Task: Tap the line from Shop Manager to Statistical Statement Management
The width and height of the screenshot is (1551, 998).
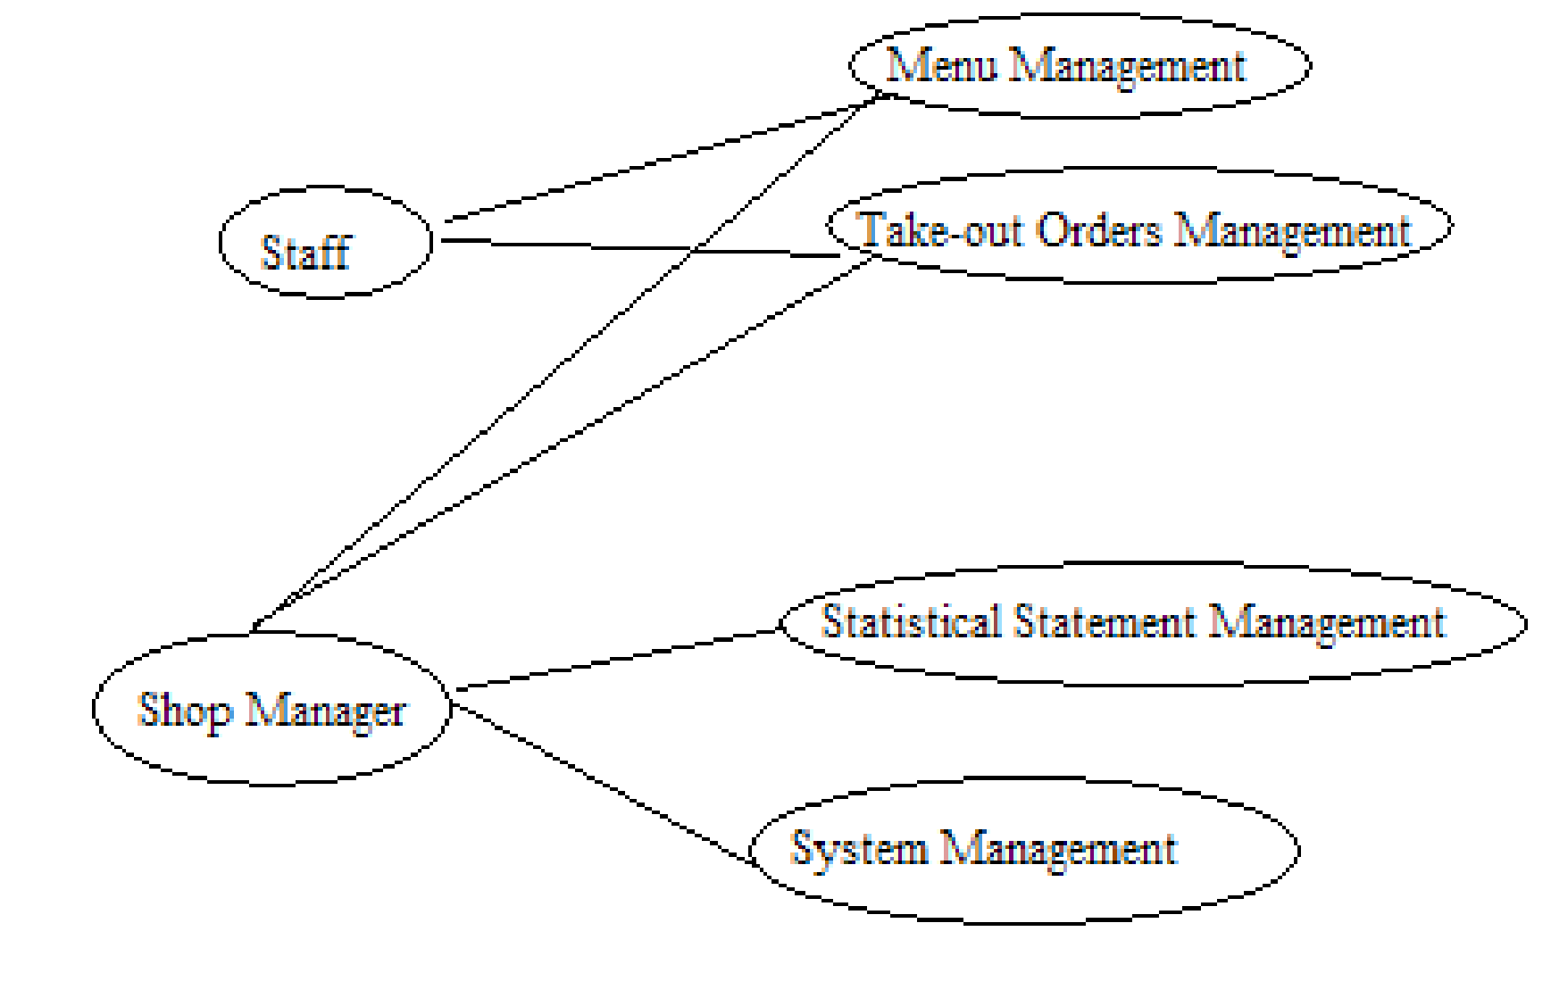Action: pyautogui.click(x=616, y=661)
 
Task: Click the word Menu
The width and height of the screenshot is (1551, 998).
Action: pyautogui.click(x=941, y=65)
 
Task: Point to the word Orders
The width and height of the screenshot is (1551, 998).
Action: pyautogui.click(x=1099, y=230)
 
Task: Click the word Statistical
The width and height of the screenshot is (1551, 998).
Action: pyautogui.click(x=911, y=621)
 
